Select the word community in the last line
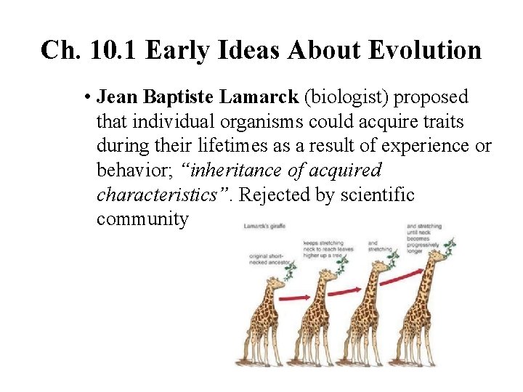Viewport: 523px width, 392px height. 142,219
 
